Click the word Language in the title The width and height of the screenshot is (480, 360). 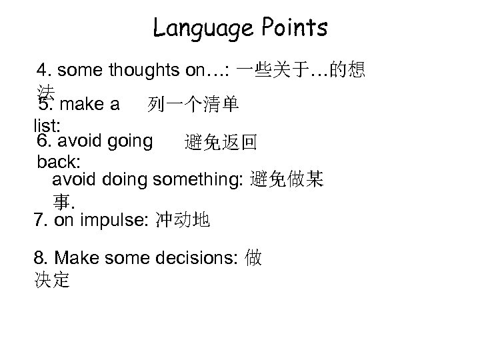tap(200, 28)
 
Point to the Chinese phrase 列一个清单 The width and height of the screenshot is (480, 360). tap(194, 105)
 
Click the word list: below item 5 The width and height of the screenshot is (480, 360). tap(46, 125)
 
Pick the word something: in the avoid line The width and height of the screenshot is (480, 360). tap(198, 180)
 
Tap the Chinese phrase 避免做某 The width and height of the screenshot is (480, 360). tap(287, 180)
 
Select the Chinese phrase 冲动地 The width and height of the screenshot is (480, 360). tap(182, 220)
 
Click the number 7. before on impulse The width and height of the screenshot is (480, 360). tap(41, 220)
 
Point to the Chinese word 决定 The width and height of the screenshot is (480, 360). tap(51, 280)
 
